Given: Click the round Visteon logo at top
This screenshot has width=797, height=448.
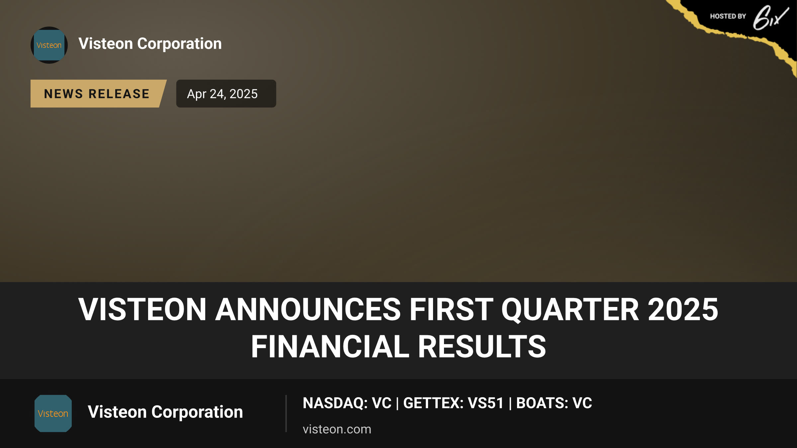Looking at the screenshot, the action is click(x=49, y=45).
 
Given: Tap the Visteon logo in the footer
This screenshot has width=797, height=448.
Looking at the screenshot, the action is click(x=53, y=413).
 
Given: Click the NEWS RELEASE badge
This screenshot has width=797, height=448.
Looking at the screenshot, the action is click(x=98, y=94).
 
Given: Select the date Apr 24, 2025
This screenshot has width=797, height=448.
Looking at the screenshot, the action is click(x=222, y=94).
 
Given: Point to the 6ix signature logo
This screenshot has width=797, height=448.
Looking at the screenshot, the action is click(x=770, y=18).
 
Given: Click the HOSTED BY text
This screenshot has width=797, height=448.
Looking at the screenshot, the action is click(x=728, y=16).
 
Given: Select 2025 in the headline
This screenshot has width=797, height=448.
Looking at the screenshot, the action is click(x=683, y=309).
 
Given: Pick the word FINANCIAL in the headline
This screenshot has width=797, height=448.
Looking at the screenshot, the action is click(x=330, y=346).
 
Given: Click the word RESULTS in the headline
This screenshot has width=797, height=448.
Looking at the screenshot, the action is click(x=482, y=346).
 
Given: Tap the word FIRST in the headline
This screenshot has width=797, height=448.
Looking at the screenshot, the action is click(x=451, y=309).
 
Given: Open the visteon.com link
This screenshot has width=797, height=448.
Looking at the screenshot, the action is click(x=337, y=429).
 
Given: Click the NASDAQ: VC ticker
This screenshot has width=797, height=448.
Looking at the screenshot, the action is click(x=347, y=403).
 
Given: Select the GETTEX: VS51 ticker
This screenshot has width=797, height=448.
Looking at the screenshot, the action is click(x=453, y=403).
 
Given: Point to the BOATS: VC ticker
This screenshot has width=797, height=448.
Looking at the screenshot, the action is click(x=554, y=403).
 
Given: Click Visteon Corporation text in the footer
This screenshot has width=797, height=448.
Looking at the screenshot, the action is click(x=165, y=412).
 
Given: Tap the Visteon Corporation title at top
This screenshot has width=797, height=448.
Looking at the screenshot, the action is click(x=150, y=44).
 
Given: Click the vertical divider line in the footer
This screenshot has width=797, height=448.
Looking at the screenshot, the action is click(x=286, y=413).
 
